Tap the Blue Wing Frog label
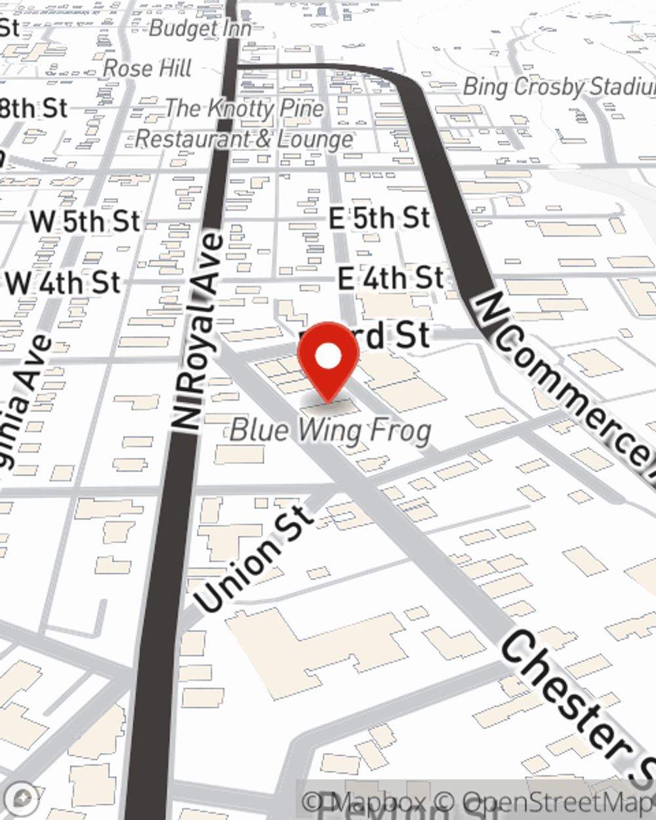point(331,431)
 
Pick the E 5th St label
point(379,218)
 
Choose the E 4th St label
point(391,278)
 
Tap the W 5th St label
point(85,221)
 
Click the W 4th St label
point(64,283)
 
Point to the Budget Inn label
point(200,28)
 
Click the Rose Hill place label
point(148,68)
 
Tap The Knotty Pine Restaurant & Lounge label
point(244,123)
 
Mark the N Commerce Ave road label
point(564,377)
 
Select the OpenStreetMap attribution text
point(558,802)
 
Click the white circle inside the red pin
point(328,356)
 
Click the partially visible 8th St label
point(33,108)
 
